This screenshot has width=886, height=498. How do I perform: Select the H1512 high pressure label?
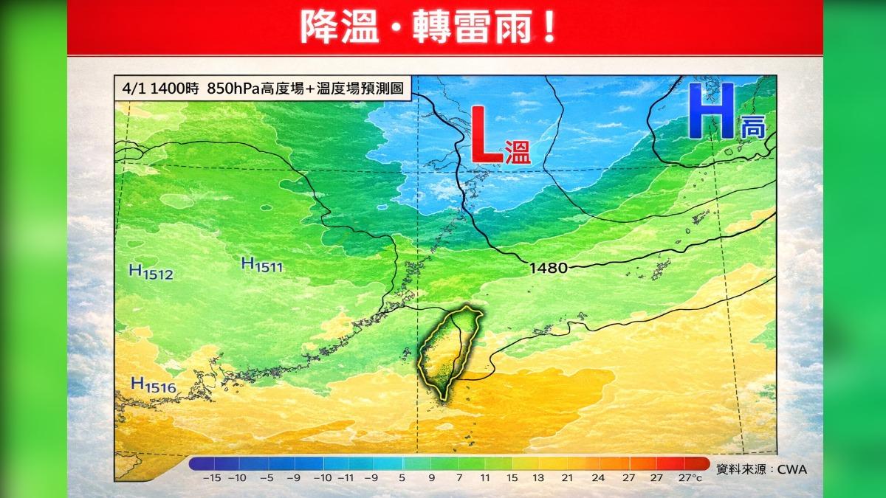pos(151,273)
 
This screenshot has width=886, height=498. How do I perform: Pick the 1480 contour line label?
pos(549,269)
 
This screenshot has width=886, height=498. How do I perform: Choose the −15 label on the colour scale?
pos(210,478)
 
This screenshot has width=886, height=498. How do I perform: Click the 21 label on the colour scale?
pos(568,478)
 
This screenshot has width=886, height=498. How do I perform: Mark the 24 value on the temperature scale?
pos(598,478)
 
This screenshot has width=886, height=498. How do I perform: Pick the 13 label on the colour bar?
pos(538,478)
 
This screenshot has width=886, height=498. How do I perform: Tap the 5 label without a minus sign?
pos(402,478)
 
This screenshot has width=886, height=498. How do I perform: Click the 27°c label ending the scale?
pos(691,478)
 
